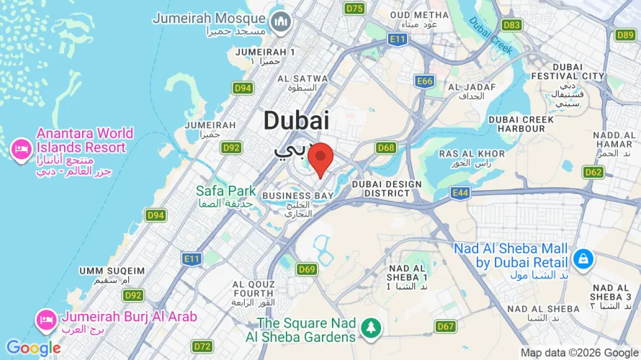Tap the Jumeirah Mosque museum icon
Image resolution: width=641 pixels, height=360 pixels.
(280, 23)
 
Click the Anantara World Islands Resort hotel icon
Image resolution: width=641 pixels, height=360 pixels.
(19, 149)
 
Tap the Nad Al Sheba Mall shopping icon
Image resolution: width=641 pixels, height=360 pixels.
(583, 257)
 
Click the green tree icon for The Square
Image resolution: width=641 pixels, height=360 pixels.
(372, 328)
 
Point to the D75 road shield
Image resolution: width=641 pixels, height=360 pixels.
(354, 9)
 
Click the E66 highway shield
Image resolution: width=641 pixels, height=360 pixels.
(425, 81)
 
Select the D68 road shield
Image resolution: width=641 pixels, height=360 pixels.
(386, 148)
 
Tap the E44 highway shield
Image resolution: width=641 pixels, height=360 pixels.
(461, 192)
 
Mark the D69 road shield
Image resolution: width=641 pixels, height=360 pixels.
(307, 269)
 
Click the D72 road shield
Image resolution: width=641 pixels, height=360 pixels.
(202, 346)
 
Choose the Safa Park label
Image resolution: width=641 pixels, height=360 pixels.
(226, 192)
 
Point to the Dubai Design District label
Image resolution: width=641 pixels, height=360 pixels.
(387, 189)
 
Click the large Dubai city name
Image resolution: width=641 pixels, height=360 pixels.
(296, 120)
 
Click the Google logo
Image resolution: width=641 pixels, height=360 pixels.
(33, 348)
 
